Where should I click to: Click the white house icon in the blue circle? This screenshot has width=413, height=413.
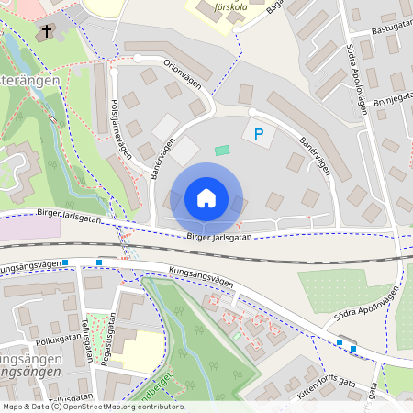206,198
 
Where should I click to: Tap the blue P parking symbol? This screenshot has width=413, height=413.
259,135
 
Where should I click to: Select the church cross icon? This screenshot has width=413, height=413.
46,32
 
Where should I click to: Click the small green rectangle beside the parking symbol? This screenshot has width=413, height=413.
222,150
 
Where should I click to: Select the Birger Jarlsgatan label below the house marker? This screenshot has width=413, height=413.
218,237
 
